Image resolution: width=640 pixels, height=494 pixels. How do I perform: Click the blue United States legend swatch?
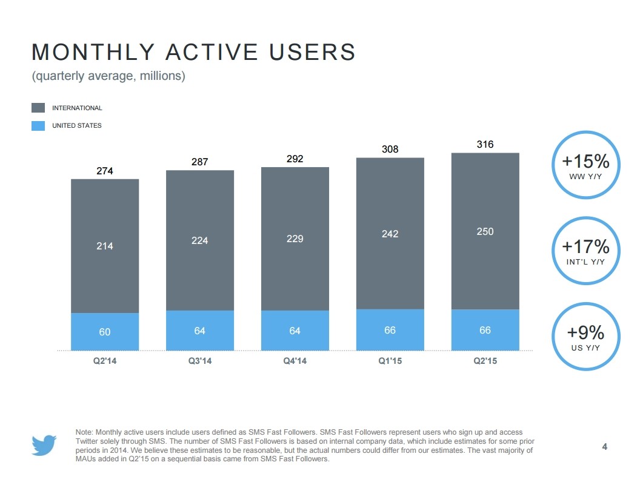tap(38, 125)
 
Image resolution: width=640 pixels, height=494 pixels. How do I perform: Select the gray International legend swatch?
tap(38, 108)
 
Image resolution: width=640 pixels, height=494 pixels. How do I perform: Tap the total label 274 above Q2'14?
tap(105, 171)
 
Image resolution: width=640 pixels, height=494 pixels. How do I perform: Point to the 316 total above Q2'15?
tap(485, 144)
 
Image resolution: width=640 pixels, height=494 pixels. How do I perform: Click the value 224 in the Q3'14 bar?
tap(200, 240)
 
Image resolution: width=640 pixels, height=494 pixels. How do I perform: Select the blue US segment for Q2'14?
tap(105, 332)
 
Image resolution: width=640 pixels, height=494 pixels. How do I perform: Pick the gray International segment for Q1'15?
tap(390, 233)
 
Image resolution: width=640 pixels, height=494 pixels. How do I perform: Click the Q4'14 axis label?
tap(295, 361)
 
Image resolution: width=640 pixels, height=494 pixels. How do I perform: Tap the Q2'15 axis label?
tap(485, 361)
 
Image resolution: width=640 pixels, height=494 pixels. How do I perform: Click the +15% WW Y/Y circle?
tap(585, 165)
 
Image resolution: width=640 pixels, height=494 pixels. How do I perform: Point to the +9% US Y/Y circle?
tap(585, 337)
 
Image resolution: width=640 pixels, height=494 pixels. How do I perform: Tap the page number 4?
tap(604, 447)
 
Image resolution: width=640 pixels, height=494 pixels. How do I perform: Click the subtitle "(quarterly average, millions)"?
tap(108, 76)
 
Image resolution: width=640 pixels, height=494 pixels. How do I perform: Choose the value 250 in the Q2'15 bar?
tap(485, 231)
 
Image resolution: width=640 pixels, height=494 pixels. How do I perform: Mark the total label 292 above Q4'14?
tap(295, 159)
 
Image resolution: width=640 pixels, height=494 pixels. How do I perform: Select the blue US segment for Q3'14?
tap(200, 331)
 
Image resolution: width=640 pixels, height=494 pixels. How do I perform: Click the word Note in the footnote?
tap(84, 432)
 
